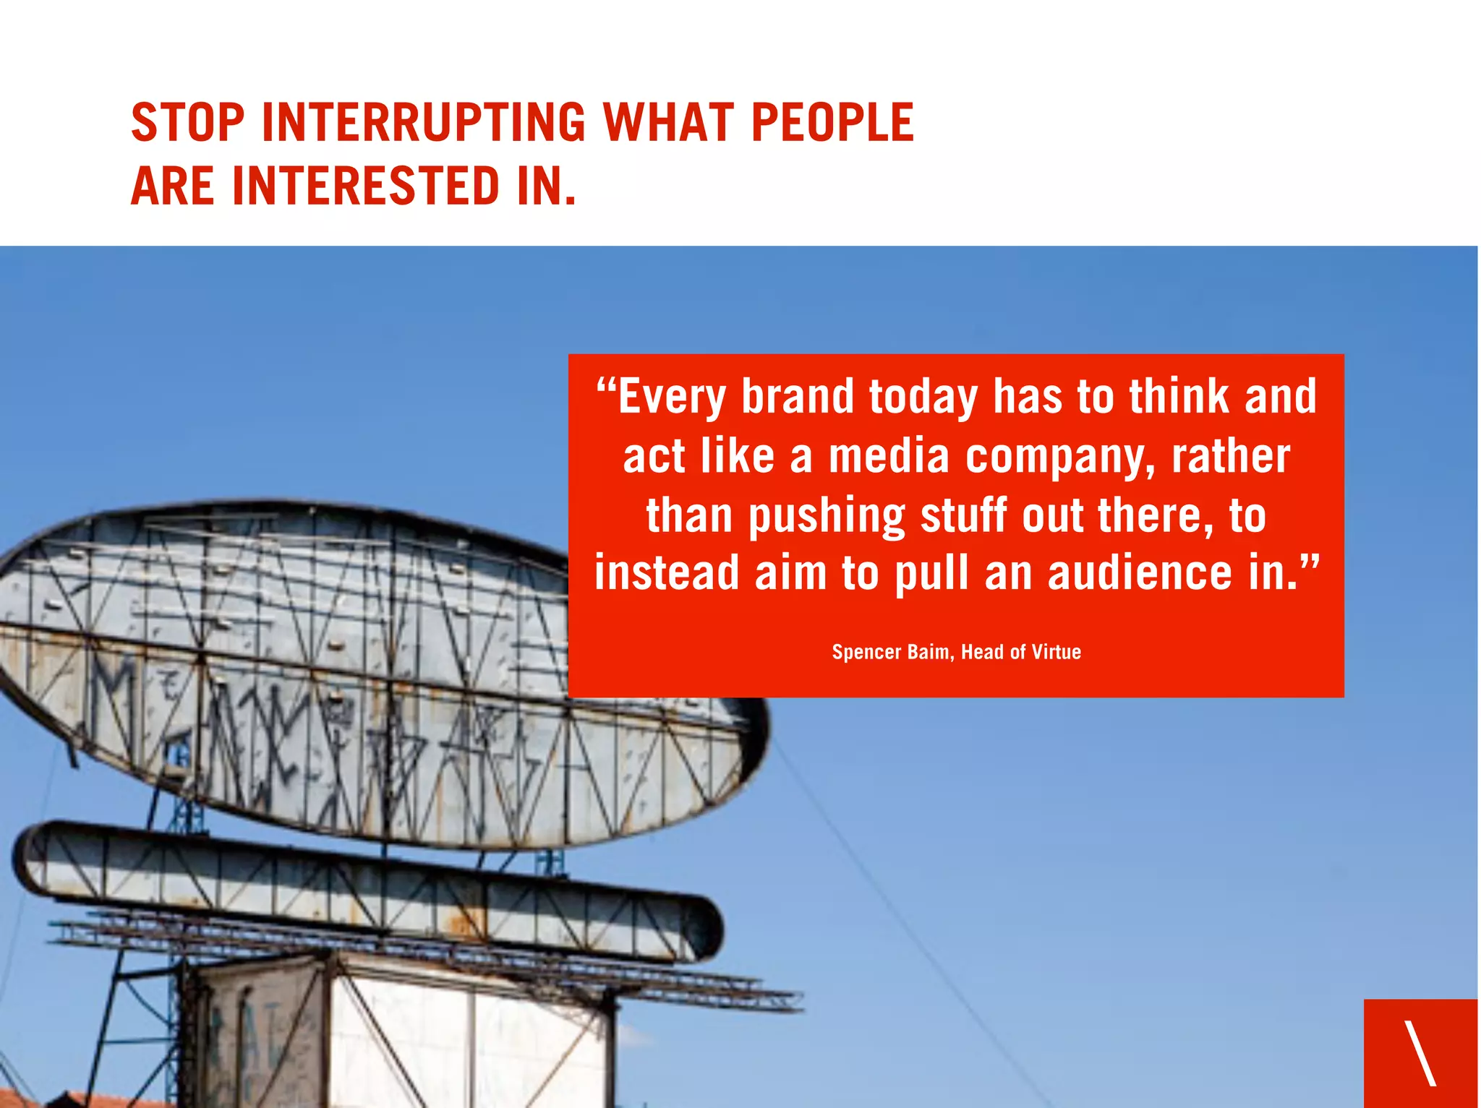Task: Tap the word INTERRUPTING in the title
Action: pyautogui.click(x=424, y=122)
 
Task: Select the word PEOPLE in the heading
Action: pyautogui.click(x=832, y=122)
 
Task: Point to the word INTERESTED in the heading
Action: pyautogui.click(x=366, y=186)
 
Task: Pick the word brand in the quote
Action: pyautogui.click(x=798, y=398)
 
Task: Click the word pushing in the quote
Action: pyautogui.click(x=827, y=517)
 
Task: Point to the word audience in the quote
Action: pyautogui.click(x=1140, y=573)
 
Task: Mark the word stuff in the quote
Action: pyautogui.click(x=964, y=515)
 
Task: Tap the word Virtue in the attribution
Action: pyautogui.click(x=1057, y=652)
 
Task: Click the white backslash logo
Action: pyautogui.click(x=1420, y=1052)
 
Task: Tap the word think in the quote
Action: pyautogui.click(x=1179, y=397)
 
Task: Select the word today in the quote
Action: pyautogui.click(x=923, y=398)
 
